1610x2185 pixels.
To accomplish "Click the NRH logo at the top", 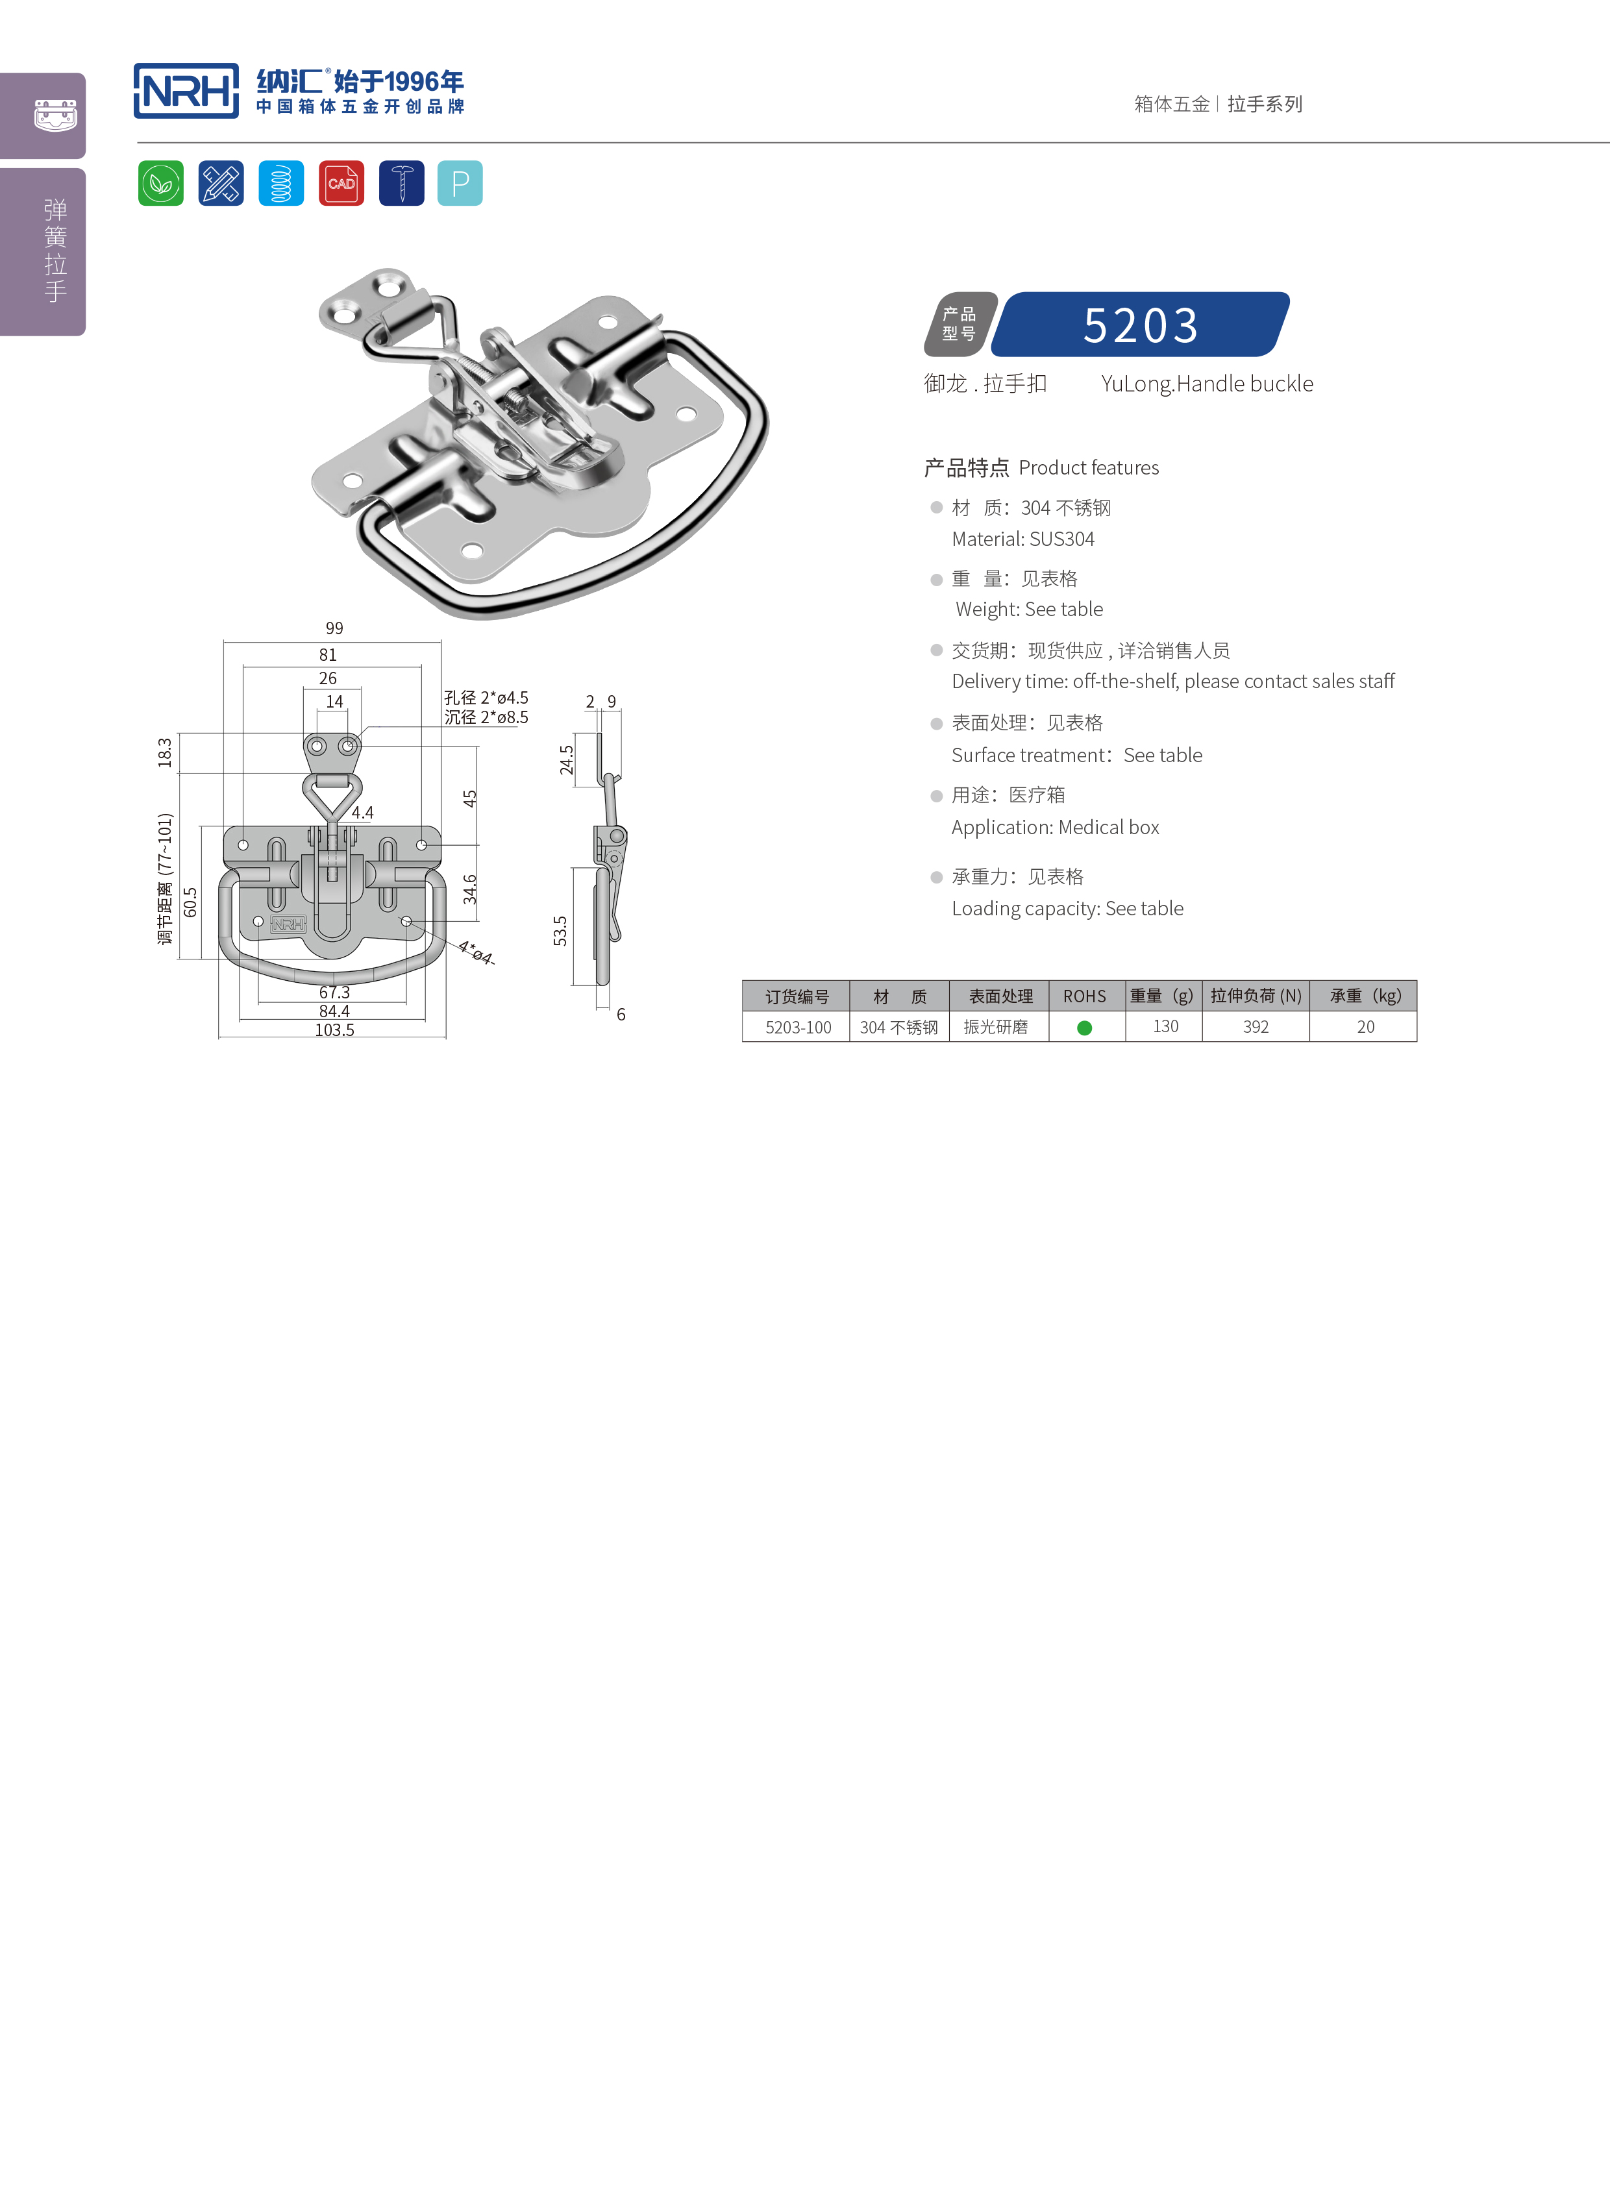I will click(186, 92).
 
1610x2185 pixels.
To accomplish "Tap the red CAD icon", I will click(341, 183).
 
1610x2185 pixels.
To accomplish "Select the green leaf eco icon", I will click(161, 183).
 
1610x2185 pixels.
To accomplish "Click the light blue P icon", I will click(460, 183).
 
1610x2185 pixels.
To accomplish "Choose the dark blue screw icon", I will click(401, 183).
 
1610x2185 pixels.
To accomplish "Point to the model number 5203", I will click(1140, 325).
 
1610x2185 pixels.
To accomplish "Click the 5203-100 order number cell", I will click(797, 1027).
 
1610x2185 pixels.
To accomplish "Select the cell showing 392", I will click(1256, 1027).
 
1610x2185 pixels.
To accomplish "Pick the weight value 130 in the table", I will click(1165, 1026).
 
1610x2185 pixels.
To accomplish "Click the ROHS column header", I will click(1085, 996).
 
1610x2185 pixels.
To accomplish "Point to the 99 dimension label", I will click(334, 628).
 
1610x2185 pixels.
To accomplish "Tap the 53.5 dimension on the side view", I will click(560, 931).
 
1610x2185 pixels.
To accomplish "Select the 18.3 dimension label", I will click(165, 752).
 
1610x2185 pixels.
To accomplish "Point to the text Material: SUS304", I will click(1022, 539).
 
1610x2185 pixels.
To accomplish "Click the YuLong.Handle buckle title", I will click(1206, 384).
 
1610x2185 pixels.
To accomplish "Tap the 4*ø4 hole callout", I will click(476, 952).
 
